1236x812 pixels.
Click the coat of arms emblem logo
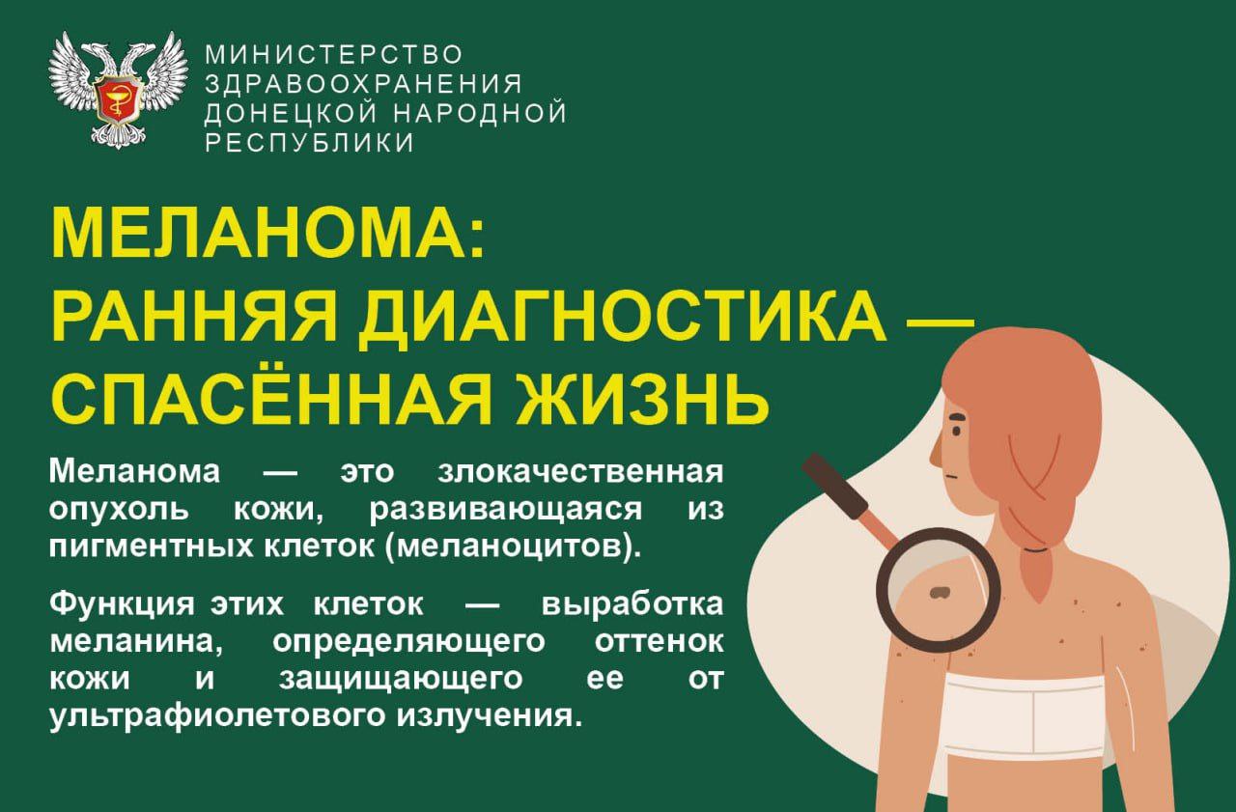tap(118, 90)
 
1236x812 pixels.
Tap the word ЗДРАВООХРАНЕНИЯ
tap(363, 83)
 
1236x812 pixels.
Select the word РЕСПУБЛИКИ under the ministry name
tap(309, 143)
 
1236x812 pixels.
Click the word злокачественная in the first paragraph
tap(580, 473)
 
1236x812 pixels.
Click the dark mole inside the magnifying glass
tap(937, 592)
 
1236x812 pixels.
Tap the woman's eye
tap(955, 425)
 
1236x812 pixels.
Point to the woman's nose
tap(934, 448)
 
